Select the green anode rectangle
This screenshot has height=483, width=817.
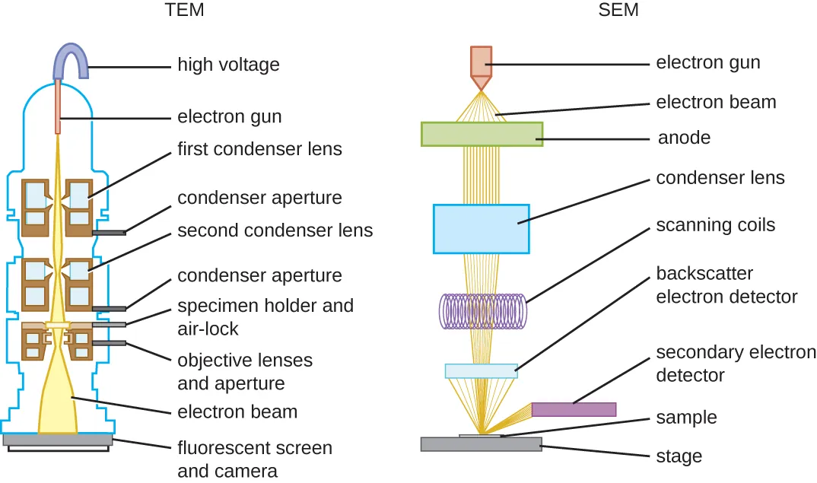[482, 134]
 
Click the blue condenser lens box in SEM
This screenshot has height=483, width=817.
[481, 228]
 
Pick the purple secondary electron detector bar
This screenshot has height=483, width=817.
[573, 409]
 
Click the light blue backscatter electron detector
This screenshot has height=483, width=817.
[481, 371]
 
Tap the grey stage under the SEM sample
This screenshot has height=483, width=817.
[481, 444]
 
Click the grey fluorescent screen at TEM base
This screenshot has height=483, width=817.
[58, 440]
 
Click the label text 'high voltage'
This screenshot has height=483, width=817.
[228, 65]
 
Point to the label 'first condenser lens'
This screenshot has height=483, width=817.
[259, 149]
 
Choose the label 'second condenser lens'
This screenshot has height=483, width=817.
[275, 230]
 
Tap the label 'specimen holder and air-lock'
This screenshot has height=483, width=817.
[265, 317]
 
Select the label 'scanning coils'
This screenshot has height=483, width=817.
[715, 225]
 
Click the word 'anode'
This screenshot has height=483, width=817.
[684, 138]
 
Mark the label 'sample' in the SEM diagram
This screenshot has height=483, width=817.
[686, 418]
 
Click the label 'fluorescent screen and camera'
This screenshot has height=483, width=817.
[254, 459]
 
